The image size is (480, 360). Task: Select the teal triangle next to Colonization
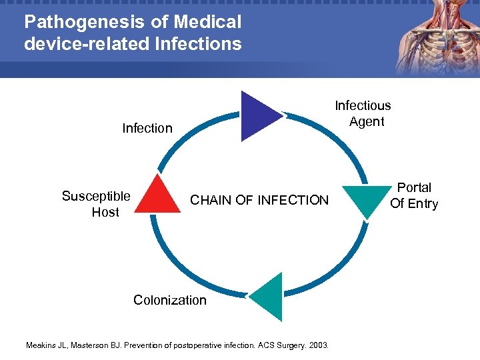pos(269,297)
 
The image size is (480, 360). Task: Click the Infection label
pos(147,128)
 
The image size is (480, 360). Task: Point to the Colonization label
pos(170,300)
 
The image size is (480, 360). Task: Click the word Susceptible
pos(96,196)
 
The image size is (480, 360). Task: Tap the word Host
pos(105,212)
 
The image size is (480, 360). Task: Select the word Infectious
pos(363,105)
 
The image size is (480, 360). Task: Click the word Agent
pos(367,121)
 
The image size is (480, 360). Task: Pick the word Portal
pos(414,187)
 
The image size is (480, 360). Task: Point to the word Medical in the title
pos(209,22)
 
